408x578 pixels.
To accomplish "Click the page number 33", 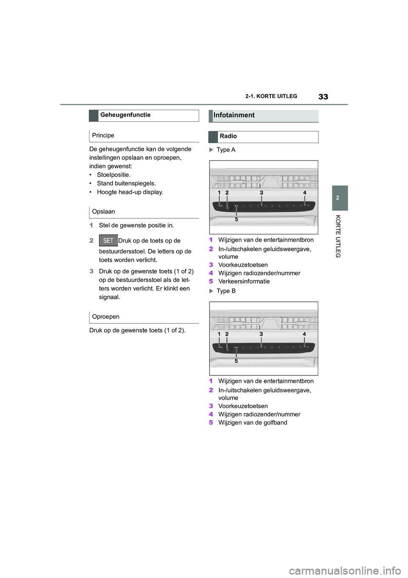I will coord(323,97).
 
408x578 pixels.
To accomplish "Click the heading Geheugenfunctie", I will coord(125,115).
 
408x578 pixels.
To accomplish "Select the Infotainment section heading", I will coord(234,115).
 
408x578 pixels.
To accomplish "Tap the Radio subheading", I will coord(228,136).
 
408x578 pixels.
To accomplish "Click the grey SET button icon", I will coord(108,240).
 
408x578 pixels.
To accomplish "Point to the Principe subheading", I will coord(103,135).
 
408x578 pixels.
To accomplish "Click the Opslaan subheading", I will coord(104,212).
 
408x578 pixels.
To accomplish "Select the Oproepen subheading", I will coord(106,317).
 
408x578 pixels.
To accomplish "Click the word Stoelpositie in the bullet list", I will coord(113,175).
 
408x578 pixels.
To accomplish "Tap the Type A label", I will coord(226,150).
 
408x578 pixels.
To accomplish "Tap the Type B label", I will coord(226,291).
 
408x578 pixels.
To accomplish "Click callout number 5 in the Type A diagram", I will coord(237,220).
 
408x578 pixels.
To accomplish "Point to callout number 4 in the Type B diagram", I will coord(304,334).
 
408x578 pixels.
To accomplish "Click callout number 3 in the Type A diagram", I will coord(261,193).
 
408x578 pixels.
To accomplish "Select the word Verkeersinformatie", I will coord(244,281).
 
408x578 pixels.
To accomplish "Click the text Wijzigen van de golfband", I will coord(253,423).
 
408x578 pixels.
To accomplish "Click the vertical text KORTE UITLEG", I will coord(338,236).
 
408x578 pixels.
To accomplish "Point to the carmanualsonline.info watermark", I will coord(345,570).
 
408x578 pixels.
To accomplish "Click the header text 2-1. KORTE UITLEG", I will coord(271,96).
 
